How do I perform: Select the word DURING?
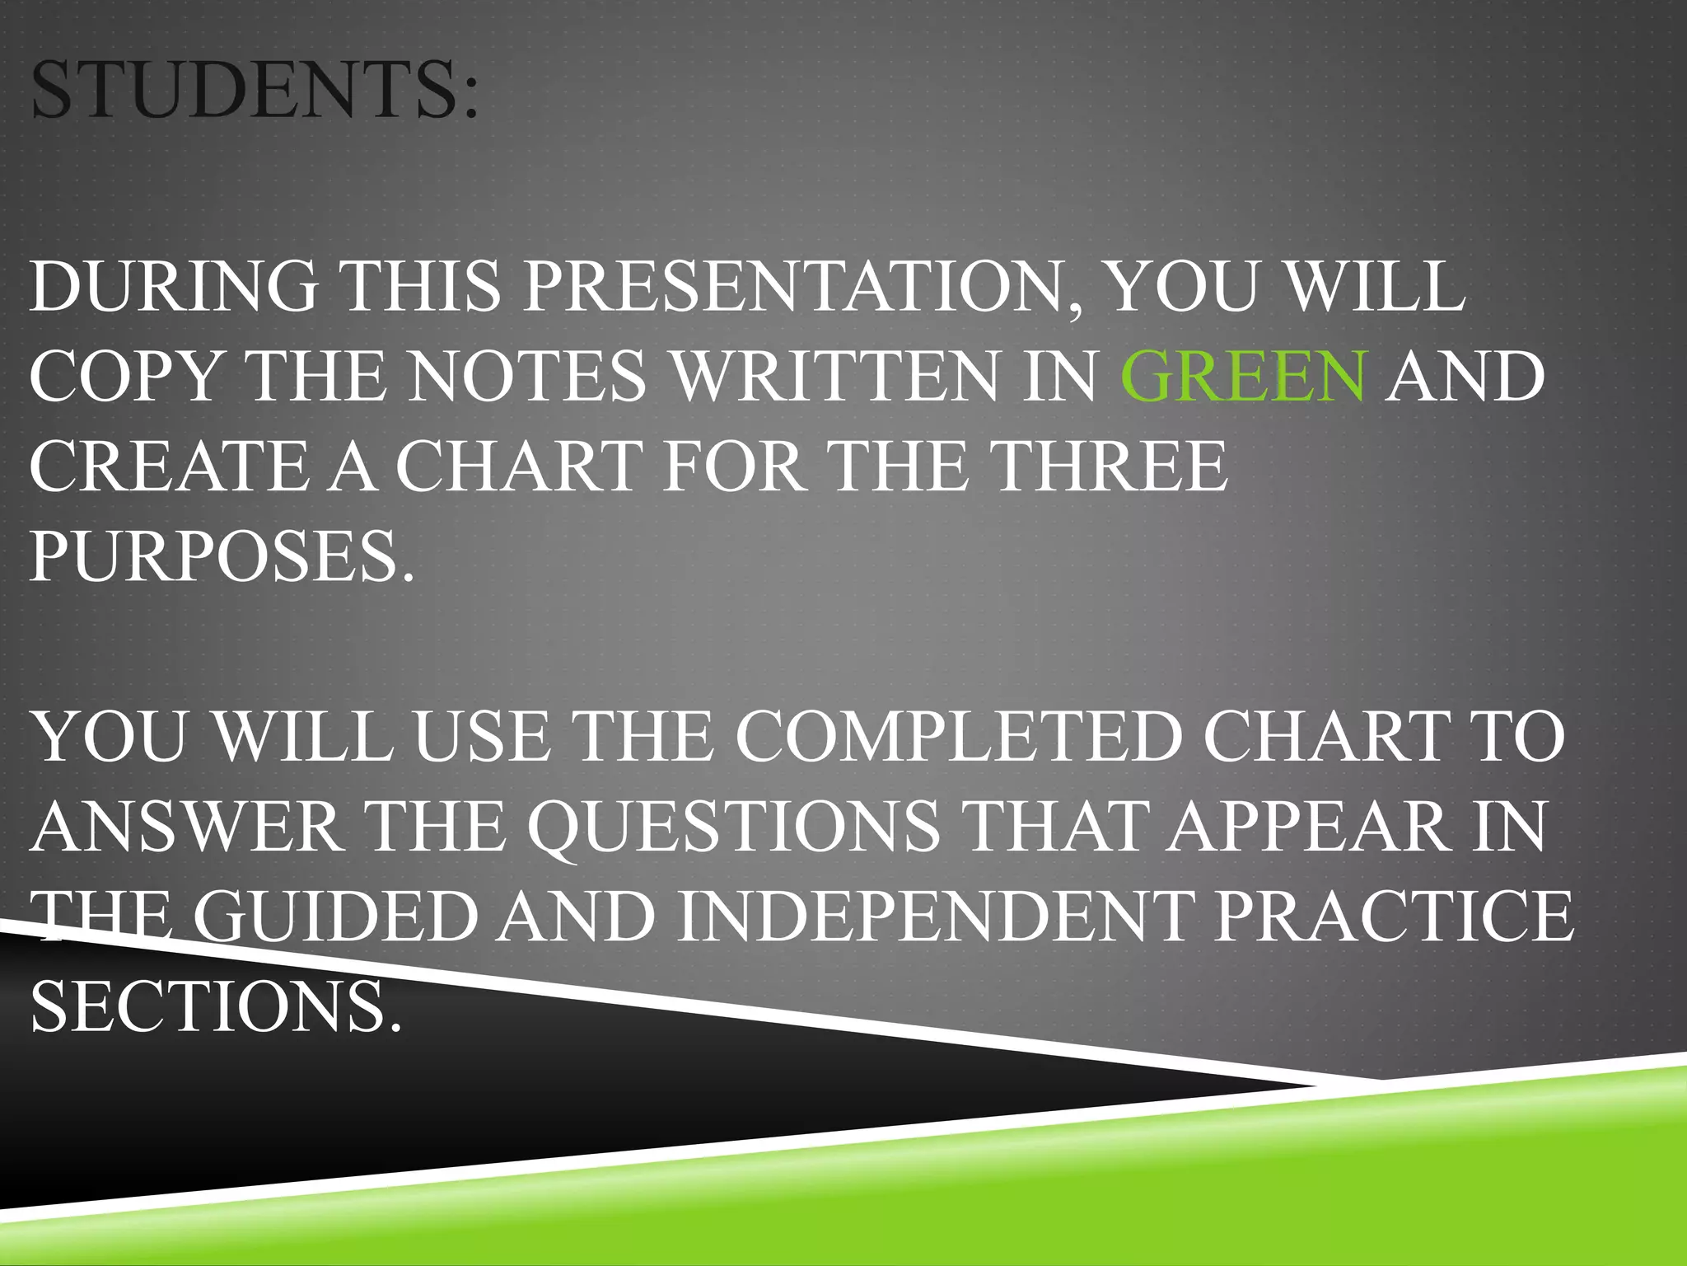click(x=174, y=286)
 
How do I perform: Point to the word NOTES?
click(x=527, y=376)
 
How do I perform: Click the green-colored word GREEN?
click(x=1243, y=376)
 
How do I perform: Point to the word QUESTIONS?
click(x=733, y=827)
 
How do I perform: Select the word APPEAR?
click(x=1310, y=827)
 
